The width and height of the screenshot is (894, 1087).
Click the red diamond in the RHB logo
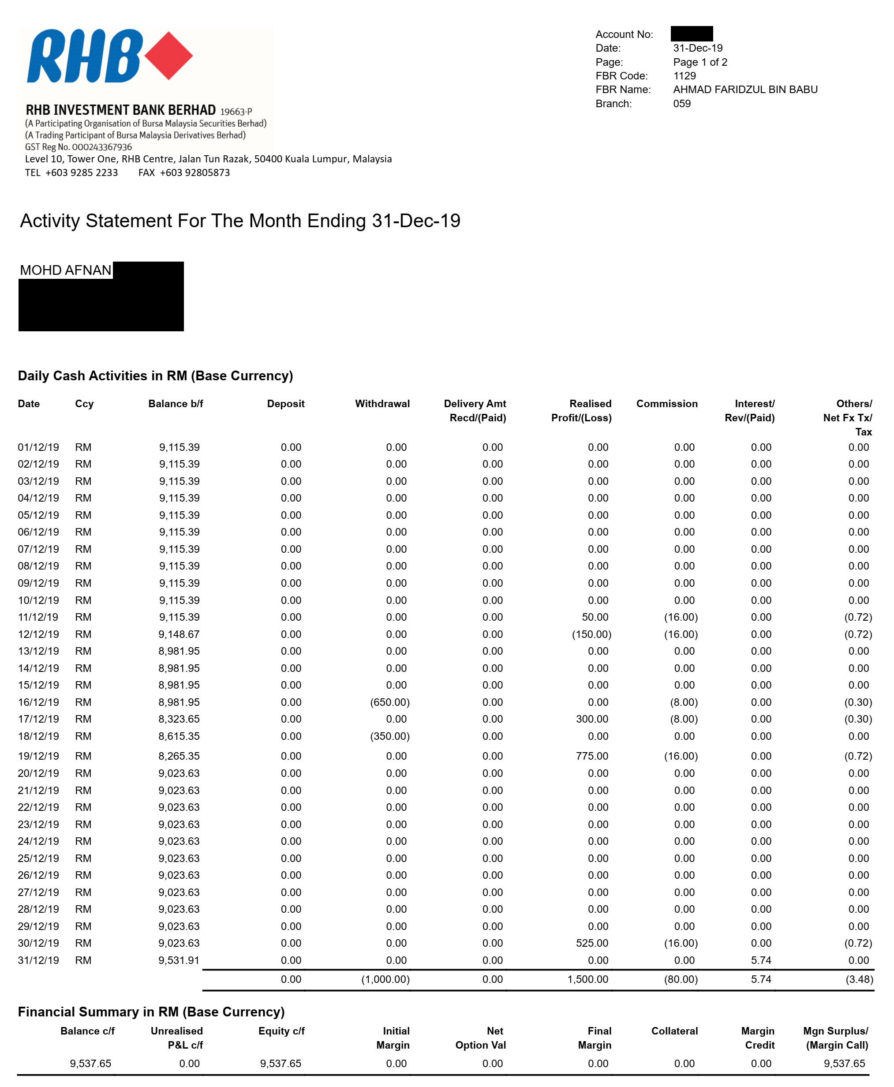pyautogui.click(x=168, y=56)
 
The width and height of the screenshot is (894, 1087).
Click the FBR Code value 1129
pyautogui.click(x=684, y=76)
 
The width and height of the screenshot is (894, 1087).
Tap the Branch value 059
pyautogui.click(x=681, y=104)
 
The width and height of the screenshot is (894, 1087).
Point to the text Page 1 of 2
pyautogui.click(x=700, y=62)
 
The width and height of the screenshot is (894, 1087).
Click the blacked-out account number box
pyautogui.click(x=691, y=34)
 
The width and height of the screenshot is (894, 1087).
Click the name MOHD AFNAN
pyautogui.click(x=65, y=270)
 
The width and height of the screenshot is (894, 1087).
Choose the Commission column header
pyautogui.click(x=666, y=404)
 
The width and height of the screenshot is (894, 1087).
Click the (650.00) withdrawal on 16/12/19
pyautogui.click(x=389, y=702)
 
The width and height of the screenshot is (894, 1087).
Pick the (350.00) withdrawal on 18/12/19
pyautogui.click(x=389, y=736)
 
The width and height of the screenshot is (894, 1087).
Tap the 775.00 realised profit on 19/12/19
pyautogui.click(x=592, y=756)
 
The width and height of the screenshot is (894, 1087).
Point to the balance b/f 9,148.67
pyautogui.click(x=179, y=634)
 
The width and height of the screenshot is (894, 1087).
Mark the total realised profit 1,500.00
pyautogui.click(x=587, y=979)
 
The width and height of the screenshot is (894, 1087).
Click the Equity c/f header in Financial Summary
pyautogui.click(x=281, y=1031)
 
